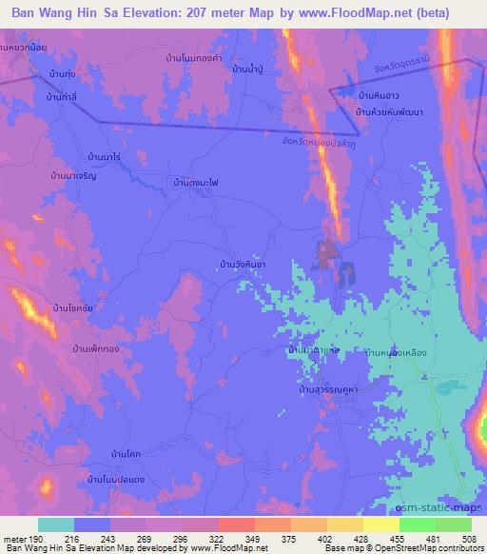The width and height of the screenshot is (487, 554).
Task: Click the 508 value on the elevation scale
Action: click(x=469, y=539)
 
